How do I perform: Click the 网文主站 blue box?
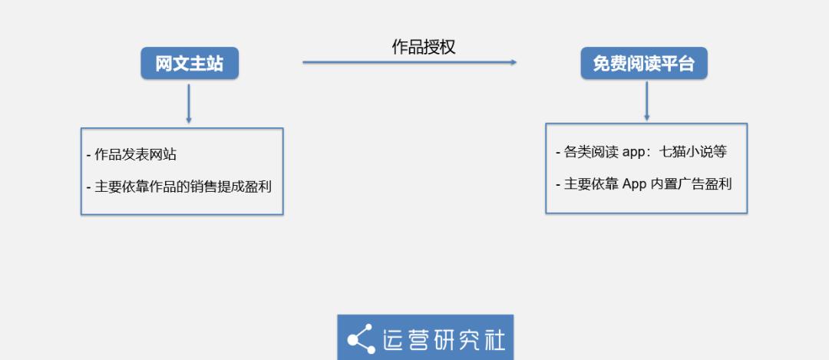coord(190,64)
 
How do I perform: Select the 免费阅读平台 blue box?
coord(644,64)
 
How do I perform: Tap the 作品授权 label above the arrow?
coord(424,47)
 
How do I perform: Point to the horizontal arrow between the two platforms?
coord(410,62)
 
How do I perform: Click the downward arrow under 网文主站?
coord(189,104)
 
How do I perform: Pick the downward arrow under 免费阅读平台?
coord(646,101)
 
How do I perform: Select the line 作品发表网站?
coord(131,155)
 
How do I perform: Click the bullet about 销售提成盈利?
coord(179,187)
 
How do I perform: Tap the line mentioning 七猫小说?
coord(641,152)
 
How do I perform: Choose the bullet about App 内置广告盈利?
coord(644,184)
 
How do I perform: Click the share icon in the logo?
coord(361,339)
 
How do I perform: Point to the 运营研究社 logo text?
coord(444,339)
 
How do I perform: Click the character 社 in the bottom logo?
coord(493,339)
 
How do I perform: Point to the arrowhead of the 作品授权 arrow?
coord(514,62)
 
